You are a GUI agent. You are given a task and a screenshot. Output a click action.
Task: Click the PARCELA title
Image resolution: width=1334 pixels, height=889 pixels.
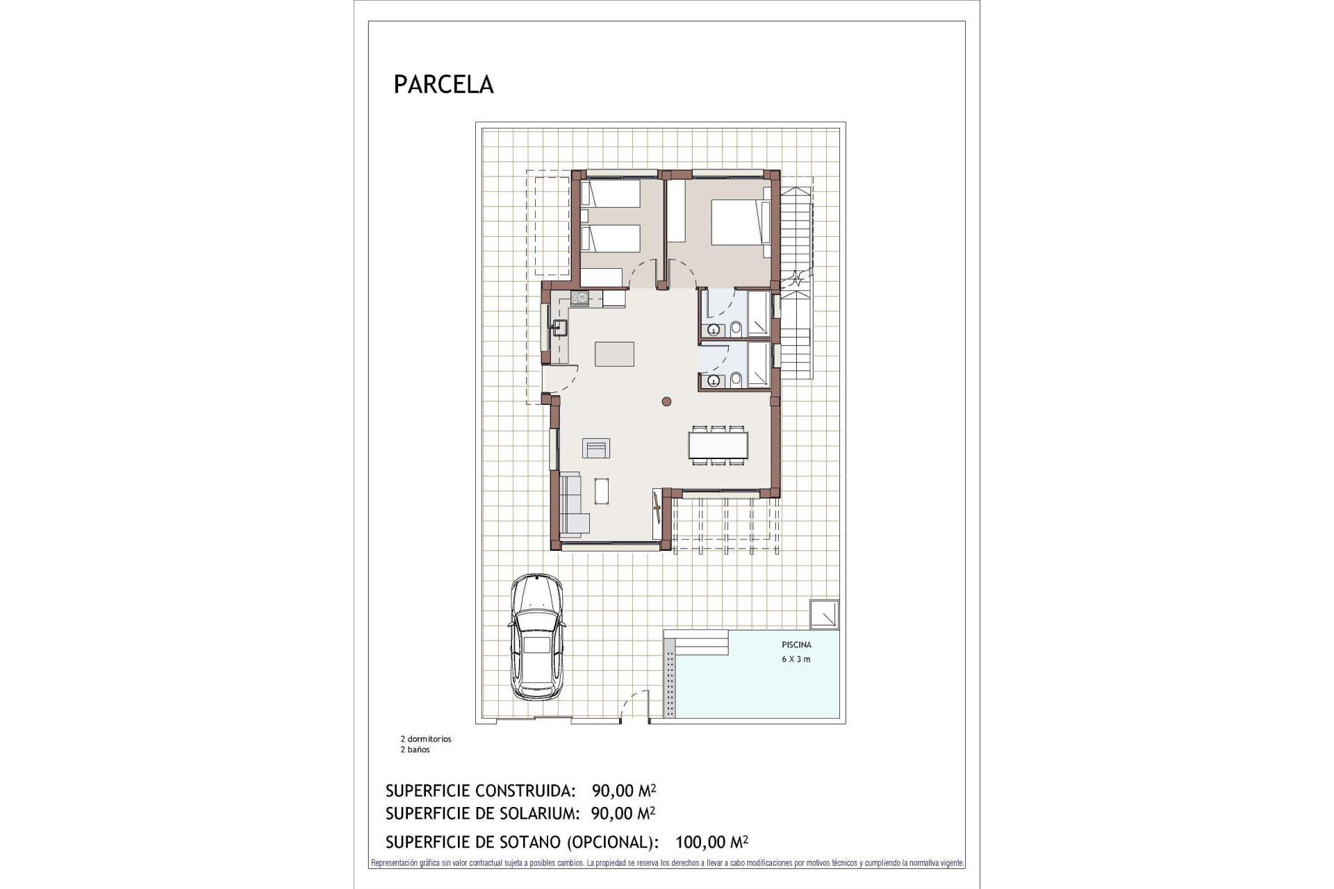click(443, 84)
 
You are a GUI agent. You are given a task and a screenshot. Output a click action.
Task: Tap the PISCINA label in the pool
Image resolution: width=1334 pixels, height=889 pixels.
click(796, 644)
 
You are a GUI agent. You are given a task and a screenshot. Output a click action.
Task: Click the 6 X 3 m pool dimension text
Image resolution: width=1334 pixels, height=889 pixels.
click(796, 659)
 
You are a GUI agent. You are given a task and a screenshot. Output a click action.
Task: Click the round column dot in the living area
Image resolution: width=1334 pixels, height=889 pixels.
click(666, 401)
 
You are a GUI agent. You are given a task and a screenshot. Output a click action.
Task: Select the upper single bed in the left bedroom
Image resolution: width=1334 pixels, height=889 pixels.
click(610, 192)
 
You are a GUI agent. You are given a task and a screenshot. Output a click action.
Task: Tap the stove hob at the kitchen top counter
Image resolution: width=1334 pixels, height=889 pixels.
click(579, 298)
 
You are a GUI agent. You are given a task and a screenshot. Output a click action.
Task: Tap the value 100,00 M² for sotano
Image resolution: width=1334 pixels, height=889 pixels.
click(711, 842)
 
